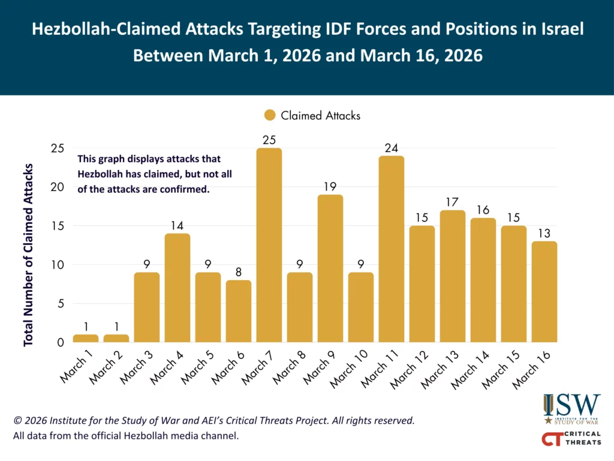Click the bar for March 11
point(391,249)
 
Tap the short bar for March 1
point(86,339)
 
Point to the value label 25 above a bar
point(269,140)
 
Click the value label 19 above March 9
point(330,187)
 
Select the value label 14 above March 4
point(177,226)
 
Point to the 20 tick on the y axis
point(58,187)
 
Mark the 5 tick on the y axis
point(61,304)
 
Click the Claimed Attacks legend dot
point(270,115)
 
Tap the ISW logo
point(571,409)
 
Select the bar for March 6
point(238,311)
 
